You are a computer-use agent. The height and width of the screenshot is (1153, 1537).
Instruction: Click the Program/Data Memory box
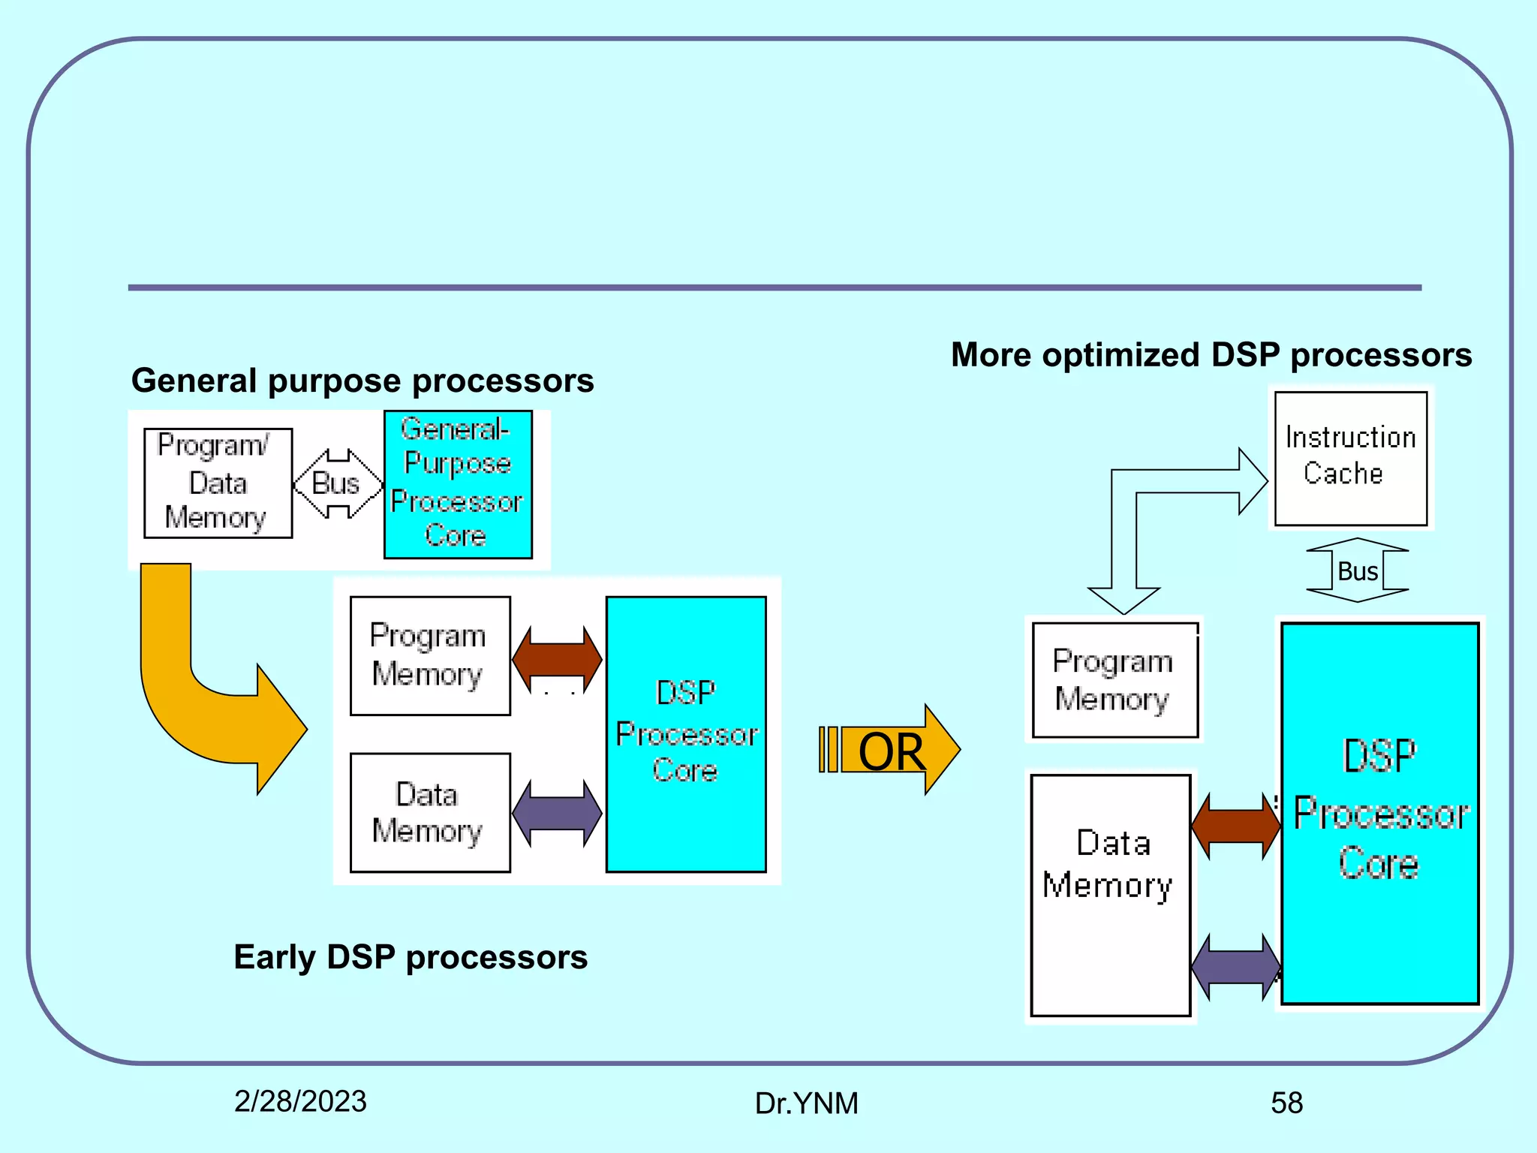pos(218,483)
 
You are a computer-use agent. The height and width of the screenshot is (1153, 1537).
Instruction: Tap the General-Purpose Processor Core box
pos(458,484)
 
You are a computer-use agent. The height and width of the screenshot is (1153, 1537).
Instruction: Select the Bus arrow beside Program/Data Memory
pos(337,483)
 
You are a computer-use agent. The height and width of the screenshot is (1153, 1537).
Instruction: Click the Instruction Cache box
pos(1351,458)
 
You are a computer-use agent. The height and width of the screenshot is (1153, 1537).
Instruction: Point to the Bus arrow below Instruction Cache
pos(1357,570)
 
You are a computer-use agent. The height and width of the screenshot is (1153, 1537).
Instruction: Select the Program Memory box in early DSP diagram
pos(430,655)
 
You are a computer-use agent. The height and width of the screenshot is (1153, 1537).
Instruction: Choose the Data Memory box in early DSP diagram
pos(430,812)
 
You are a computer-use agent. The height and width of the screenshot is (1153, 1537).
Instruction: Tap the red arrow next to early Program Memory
pos(557,658)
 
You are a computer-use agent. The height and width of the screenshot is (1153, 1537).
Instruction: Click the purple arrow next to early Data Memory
pos(557,813)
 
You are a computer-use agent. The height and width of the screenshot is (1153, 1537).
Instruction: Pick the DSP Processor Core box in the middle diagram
pos(686,733)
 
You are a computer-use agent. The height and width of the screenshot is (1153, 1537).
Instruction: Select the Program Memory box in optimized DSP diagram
pos(1114,680)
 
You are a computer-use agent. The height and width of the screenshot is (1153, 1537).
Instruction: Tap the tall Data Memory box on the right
pos(1111,895)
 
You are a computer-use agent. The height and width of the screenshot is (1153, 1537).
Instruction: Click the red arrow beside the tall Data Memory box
pos(1235,826)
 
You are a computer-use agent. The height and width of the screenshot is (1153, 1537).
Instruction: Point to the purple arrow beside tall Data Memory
pos(1235,966)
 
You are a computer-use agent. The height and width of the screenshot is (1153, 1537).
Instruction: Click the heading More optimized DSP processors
pos(1211,354)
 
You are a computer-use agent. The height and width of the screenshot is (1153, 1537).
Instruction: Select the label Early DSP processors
pos(411,957)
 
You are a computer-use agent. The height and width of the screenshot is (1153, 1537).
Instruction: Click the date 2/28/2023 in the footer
pos(300,1101)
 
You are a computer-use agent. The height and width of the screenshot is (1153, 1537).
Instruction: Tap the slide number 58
pos(1286,1103)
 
